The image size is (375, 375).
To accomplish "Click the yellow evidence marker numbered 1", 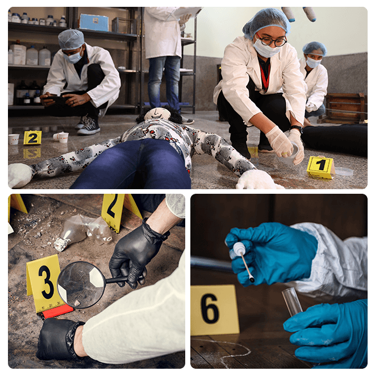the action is [x=320, y=167].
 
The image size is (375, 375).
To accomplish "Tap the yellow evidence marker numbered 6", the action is [x=214, y=310].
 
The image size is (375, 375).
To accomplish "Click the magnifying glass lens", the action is [x=82, y=285].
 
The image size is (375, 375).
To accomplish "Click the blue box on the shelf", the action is [x=94, y=23].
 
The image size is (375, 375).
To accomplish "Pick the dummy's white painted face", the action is [x=157, y=114].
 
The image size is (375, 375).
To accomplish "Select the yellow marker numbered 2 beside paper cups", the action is [x=32, y=137].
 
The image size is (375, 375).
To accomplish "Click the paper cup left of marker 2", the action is [x=14, y=139].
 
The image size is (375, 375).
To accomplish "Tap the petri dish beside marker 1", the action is [x=344, y=171].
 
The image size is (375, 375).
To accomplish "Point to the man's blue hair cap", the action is [x=71, y=39].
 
